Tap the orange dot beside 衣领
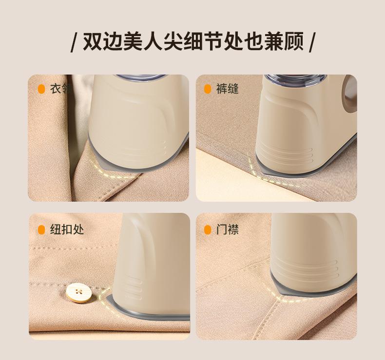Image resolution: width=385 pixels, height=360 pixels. point(41,89)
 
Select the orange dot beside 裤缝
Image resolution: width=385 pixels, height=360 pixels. point(208,89)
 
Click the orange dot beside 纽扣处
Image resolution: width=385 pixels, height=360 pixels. point(41,230)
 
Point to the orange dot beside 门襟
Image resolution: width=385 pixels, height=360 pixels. point(208,230)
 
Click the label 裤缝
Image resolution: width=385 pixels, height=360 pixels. point(228,89)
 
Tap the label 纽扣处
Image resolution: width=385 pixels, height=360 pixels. point(67,230)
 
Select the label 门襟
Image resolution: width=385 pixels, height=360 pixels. point(228,230)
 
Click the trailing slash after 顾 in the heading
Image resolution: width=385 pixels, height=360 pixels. point(311,42)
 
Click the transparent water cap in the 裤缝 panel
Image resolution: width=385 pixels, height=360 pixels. point(295,81)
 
